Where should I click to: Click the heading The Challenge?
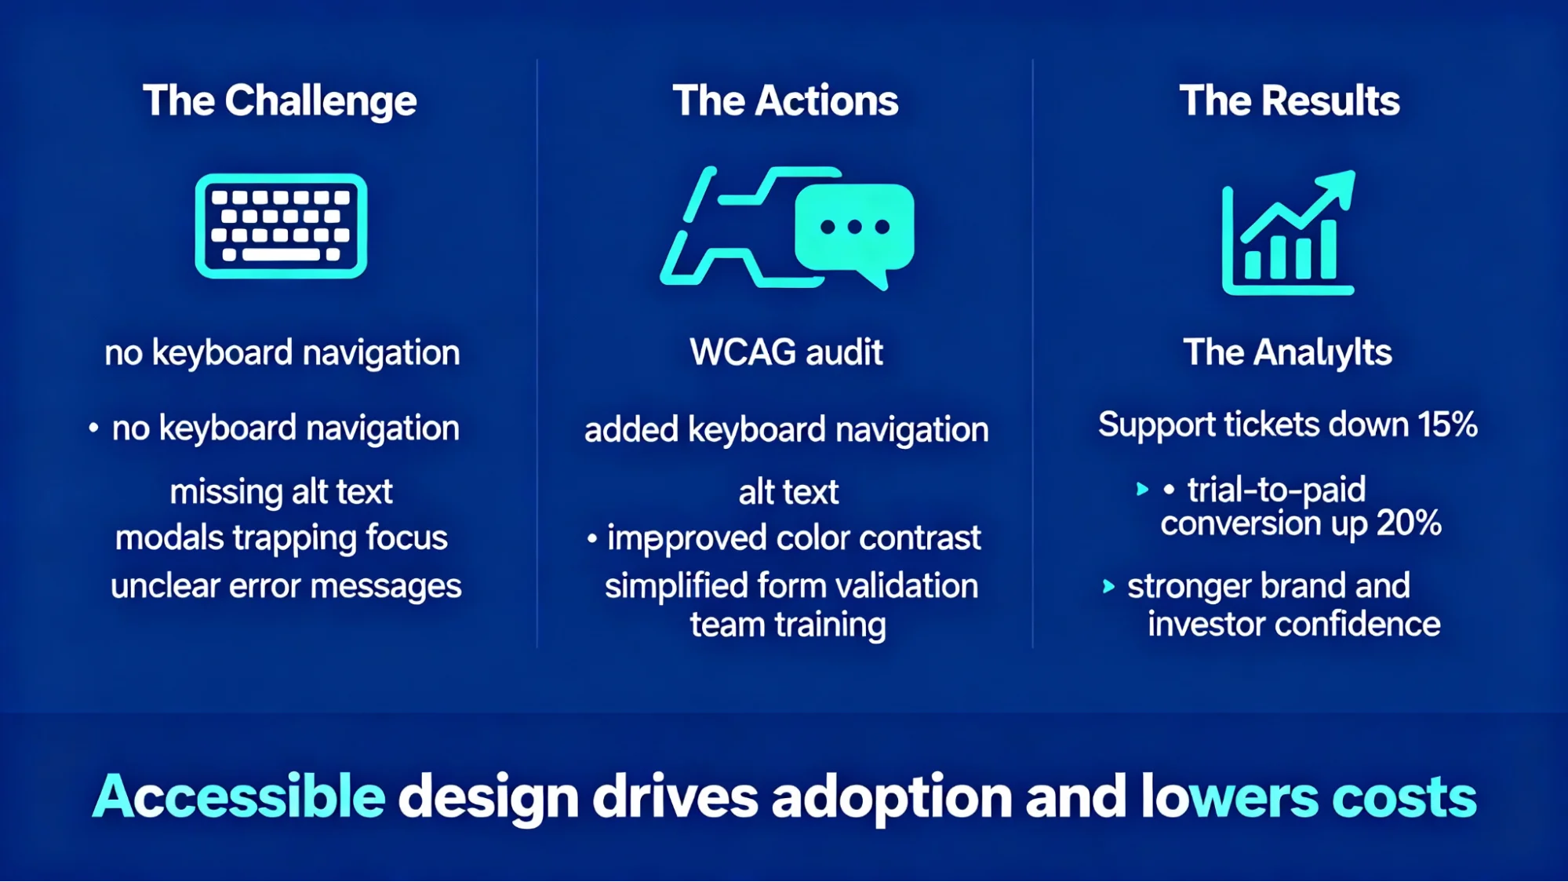click(x=279, y=101)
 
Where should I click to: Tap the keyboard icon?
click(x=281, y=226)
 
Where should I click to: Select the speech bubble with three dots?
click(x=855, y=228)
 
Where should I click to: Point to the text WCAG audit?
click(x=786, y=352)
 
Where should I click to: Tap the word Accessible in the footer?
click(x=239, y=796)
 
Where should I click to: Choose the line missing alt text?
click(x=281, y=492)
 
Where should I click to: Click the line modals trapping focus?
click(x=281, y=538)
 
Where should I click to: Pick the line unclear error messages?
click(x=286, y=586)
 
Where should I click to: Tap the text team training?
click(x=788, y=625)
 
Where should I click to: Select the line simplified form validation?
click(x=791, y=586)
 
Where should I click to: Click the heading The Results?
click(x=1289, y=101)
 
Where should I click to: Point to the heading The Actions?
click(x=785, y=101)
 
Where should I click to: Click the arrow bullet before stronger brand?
click(x=1108, y=586)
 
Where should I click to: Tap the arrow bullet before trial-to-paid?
click(x=1142, y=490)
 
